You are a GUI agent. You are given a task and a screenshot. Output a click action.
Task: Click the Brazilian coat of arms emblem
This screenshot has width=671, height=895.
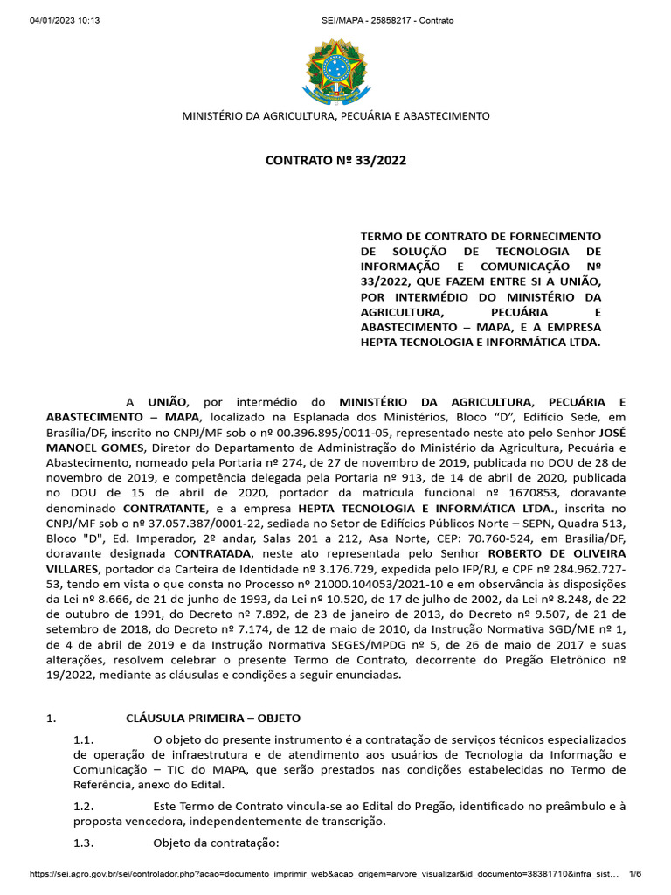pyautogui.click(x=335, y=68)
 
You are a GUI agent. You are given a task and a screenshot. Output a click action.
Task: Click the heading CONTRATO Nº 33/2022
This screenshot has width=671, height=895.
pyautogui.click(x=335, y=160)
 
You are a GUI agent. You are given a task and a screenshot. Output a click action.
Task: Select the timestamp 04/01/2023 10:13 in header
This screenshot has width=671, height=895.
pyautogui.click(x=65, y=20)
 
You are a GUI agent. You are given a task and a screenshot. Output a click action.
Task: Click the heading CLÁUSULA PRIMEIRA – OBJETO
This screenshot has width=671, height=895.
pyautogui.click(x=213, y=718)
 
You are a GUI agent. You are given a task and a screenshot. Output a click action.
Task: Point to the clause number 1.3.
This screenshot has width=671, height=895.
pyautogui.click(x=84, y=843)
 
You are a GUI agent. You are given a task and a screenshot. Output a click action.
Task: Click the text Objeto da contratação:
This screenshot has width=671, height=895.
pyautogui.click(x=216, y=843)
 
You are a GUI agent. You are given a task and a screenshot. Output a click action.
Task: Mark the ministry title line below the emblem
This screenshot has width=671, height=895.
pyautogui.click(x=335, y=116)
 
